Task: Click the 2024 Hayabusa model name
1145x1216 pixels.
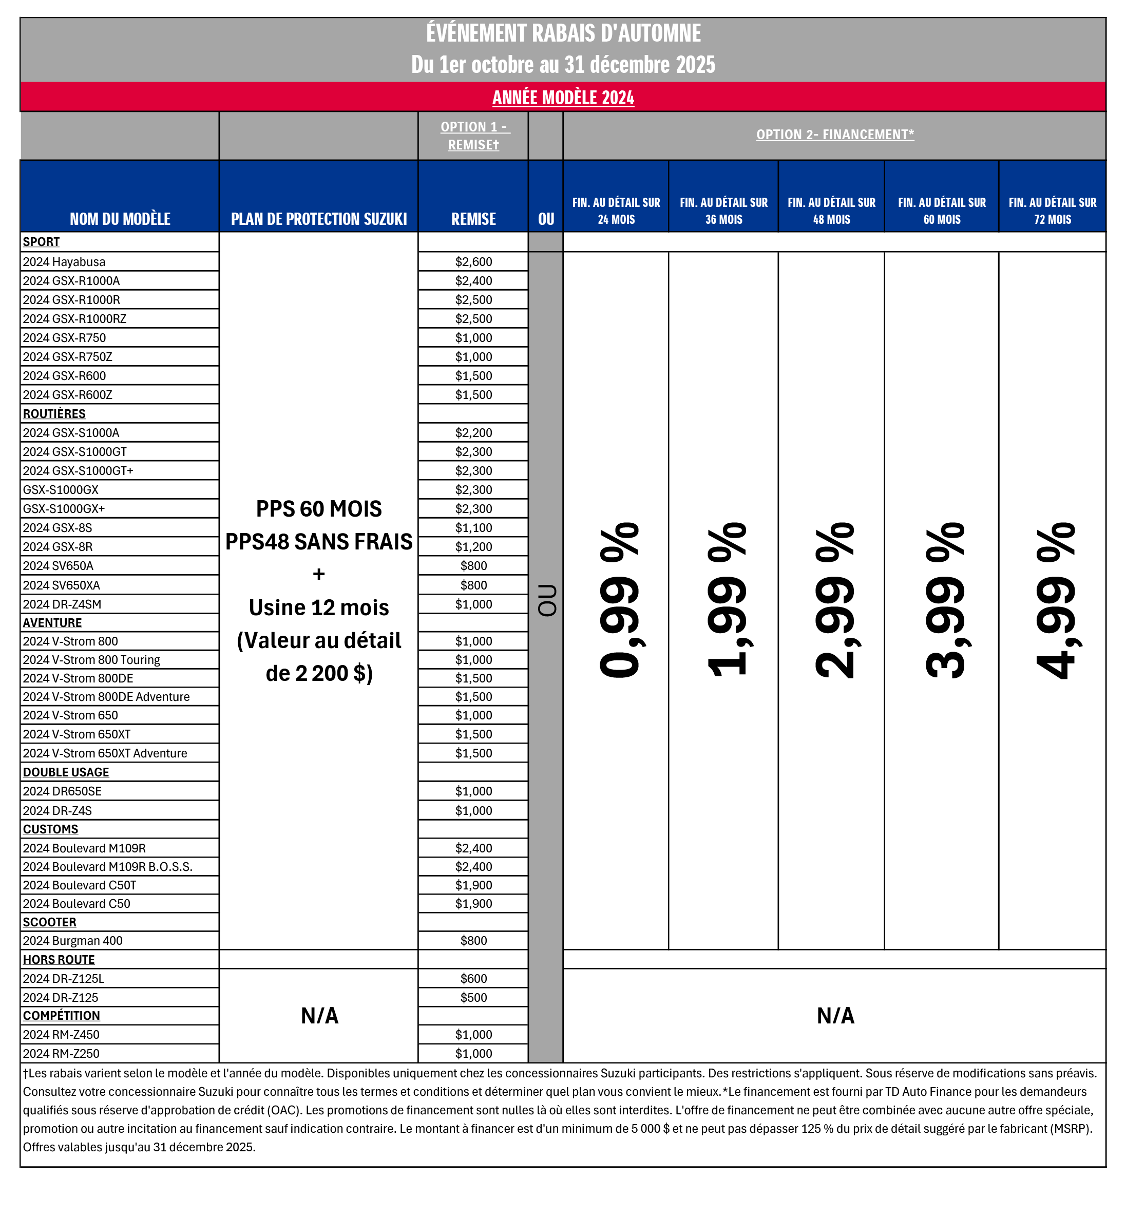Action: [64, 262]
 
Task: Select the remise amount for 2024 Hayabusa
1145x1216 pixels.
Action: [473, 262]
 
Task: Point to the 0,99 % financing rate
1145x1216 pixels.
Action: [619, 601]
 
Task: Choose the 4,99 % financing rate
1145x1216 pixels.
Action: [1055, 601]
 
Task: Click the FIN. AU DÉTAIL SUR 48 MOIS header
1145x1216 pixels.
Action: [831, 211]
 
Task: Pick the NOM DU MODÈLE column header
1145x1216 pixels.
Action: [120, 218]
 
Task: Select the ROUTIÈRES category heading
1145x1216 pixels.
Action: [54, 413]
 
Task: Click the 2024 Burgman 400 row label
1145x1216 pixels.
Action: [73, 941]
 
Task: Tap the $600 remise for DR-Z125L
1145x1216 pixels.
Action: [473, 979]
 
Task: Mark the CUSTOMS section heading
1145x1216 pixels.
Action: [51, 829]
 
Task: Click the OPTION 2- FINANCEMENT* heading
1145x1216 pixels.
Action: [835, 135]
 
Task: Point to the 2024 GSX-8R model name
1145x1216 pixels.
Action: [58, 547]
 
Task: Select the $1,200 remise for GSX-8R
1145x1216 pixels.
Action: [473, 547]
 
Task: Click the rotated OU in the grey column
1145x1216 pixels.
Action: [546, 601]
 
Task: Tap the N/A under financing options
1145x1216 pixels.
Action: [835, 1015]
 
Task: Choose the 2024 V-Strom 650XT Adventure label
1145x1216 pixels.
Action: [105, 753]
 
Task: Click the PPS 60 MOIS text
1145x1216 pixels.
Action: [319, 509]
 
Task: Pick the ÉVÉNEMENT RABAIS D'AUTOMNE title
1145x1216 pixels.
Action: [563, 33]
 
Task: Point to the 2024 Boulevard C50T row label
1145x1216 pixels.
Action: [80, 885]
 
